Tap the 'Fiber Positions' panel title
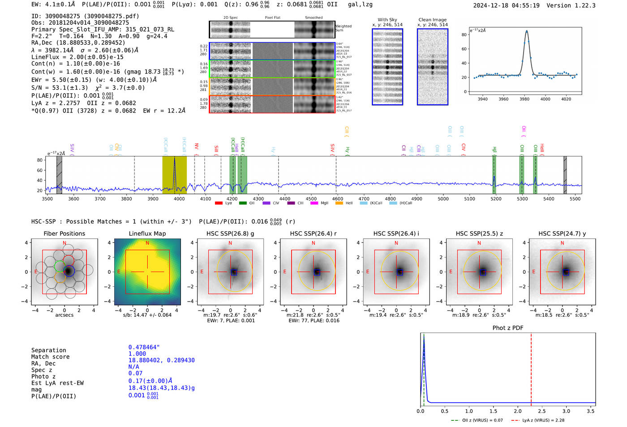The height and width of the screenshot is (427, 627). [x=64, y=233]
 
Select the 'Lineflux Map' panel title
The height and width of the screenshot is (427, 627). [x=147, y=233]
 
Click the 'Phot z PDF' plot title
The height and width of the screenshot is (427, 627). [x=508, y=328]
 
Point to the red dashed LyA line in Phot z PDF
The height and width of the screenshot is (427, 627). [x=531, y=367]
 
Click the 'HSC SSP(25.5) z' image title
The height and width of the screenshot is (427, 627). [x=479, y=233]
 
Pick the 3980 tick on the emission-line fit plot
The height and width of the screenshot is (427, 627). [x=524, y=99]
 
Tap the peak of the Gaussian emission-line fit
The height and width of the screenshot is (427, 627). [x=527, y=31]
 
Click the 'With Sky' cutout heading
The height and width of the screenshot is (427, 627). [x=387, y=20]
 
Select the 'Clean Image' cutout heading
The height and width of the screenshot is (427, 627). [x=432, y=20]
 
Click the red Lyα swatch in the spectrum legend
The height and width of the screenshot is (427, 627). [x=219, y=203]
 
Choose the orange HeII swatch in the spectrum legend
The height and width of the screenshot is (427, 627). [x=339, y=203]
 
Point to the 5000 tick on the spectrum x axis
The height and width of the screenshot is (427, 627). [x=443, y=198]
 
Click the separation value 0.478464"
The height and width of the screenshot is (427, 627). [x=144, y=347]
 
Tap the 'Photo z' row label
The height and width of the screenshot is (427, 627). [x=43, y=376]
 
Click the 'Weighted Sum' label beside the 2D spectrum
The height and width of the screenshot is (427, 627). [x=343, y=28]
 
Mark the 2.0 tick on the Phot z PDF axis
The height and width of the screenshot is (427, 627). [x=517, y=411]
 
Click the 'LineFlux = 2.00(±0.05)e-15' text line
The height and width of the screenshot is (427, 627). [x=77, y=57]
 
